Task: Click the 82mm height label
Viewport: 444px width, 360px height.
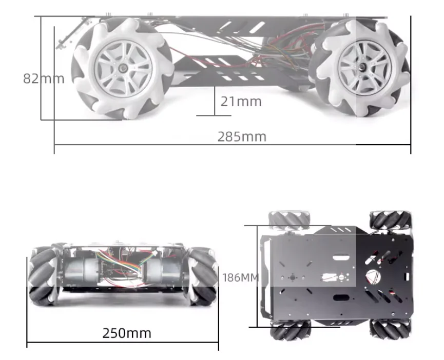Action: point(44,78)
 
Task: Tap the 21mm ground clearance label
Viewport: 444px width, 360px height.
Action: point(241,102)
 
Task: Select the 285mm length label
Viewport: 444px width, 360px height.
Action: point(242,137)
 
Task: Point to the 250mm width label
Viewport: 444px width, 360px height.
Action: point(127,333)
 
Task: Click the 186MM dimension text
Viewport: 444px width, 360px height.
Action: point(241,278)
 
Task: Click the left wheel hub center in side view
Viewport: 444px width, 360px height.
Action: point(123,68)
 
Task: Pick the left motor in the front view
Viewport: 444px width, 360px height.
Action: point(82,272)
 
